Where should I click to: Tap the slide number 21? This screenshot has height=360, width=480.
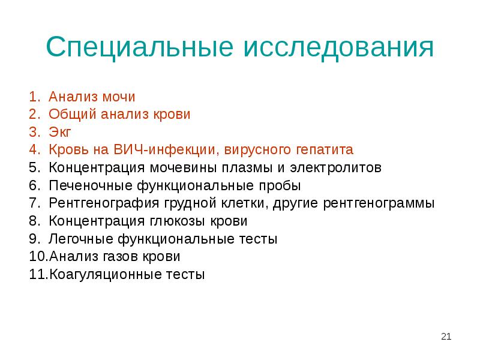click(x=445, y=336)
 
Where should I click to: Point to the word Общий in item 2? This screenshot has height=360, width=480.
click(x=67, y=114)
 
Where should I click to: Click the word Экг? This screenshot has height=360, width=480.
click(x=61, y=132)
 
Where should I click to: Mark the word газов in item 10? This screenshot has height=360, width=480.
click(x=119, y=257)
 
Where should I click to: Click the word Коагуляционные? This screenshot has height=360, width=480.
click(x=101, y=275)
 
